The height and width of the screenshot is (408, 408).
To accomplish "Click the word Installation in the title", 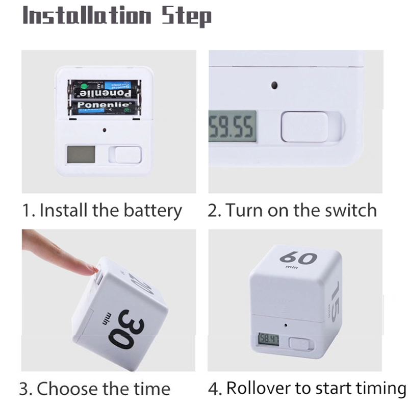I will (87, 16).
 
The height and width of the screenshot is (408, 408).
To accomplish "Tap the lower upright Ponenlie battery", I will (105, 108).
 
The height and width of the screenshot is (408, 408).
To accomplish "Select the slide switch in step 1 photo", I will (127, 154).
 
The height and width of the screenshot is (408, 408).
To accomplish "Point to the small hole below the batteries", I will (105, 130).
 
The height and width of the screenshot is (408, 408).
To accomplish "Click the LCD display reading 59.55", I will (233, 129).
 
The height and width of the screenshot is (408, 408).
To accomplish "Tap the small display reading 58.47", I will (269, 339).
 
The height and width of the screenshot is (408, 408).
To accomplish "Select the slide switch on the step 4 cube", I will (299, 343).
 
